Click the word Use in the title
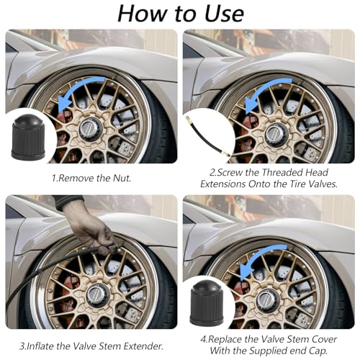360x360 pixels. pyautogui.click(x=224, y=14)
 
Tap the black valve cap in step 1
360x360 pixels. pyautogui.click(x=28, y=137)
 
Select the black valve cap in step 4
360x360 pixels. pyautogui.click(x=207, y=303)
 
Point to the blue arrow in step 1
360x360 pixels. pyautogui.click(x=77, y=91)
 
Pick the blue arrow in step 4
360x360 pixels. pyautogui.click(x=258, y=259)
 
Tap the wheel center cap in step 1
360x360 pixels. pyautogui.click(x=91, y=129)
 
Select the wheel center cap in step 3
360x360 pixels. pyautogui.click(x=98, y=297)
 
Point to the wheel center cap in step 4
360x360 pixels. pyautogui.click(x=269, y=300)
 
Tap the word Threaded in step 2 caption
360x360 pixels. pyautogui.click(x=282, y=172)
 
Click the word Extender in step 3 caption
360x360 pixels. pyautogui.click(x=143, y=346)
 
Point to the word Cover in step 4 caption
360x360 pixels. pyautogui.click(x=325, y=339)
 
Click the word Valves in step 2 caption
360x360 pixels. pyautogui.click(x=323, y=184)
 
